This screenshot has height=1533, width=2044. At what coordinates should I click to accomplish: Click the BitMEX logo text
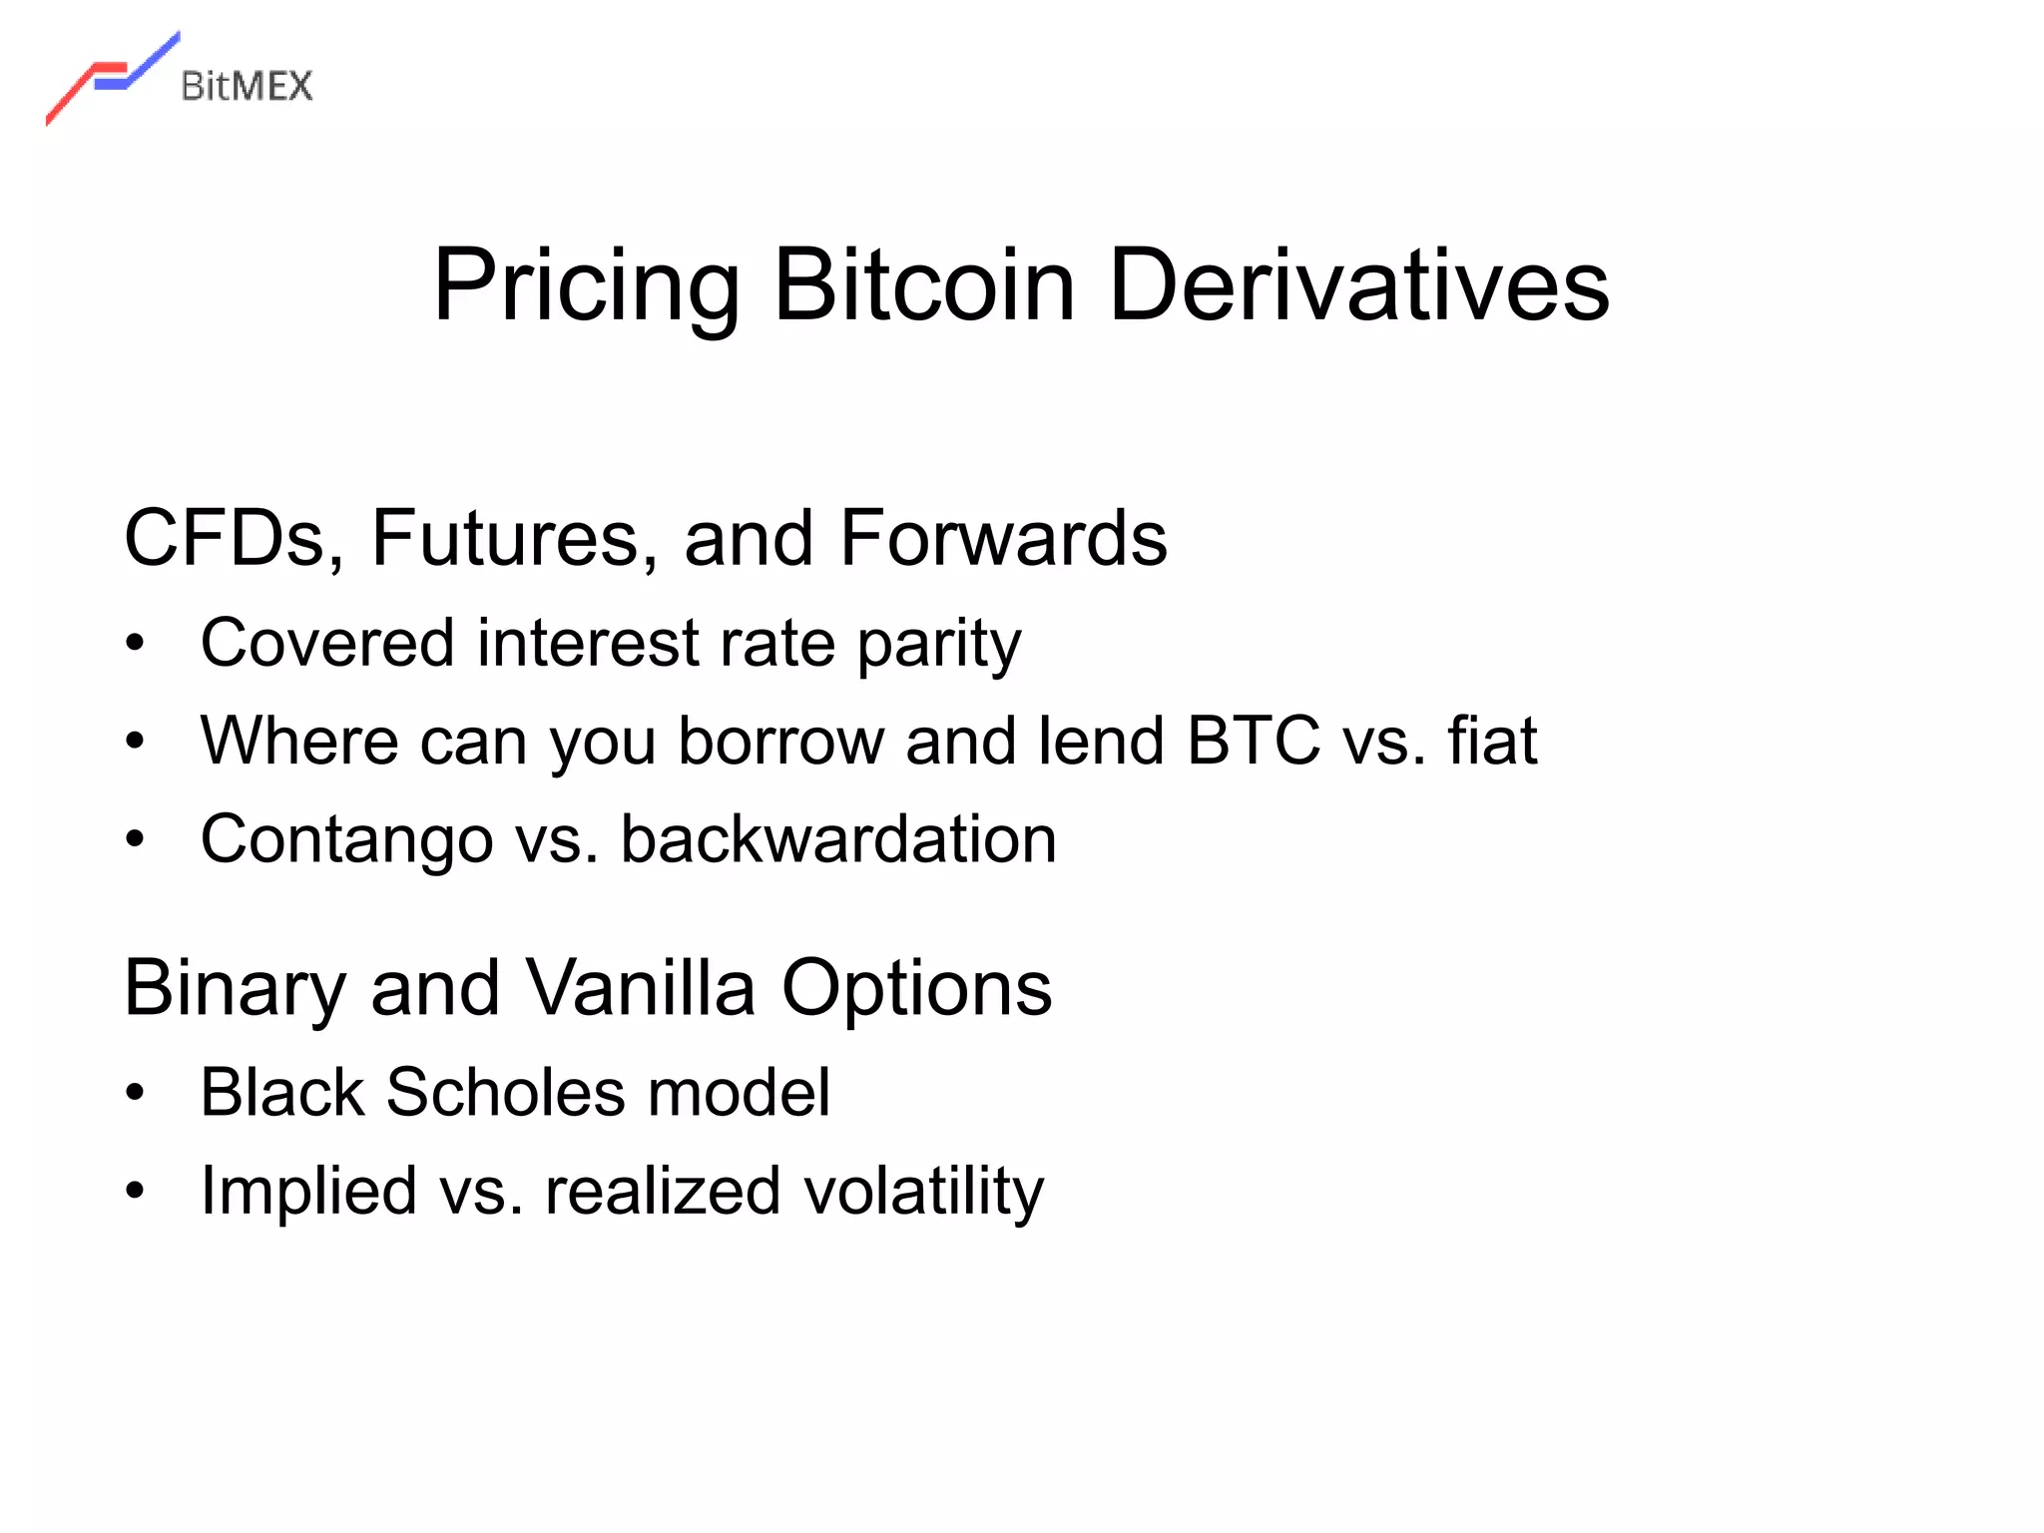click(247, 86)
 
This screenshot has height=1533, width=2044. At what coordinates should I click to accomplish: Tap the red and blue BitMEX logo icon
click(112, 78)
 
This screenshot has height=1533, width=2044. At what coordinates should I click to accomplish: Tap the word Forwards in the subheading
click(1002, 539)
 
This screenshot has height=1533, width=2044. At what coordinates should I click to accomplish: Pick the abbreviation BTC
click(1254, 741)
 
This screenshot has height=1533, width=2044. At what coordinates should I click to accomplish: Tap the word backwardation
click(838, 839)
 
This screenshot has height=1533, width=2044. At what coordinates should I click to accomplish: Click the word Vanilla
click(640, 988)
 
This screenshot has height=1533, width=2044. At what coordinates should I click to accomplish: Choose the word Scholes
click(505, 1092)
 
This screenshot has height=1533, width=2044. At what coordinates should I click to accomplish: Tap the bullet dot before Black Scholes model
click(136, 1093)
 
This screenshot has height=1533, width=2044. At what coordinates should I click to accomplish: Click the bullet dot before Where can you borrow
click(136, 742)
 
